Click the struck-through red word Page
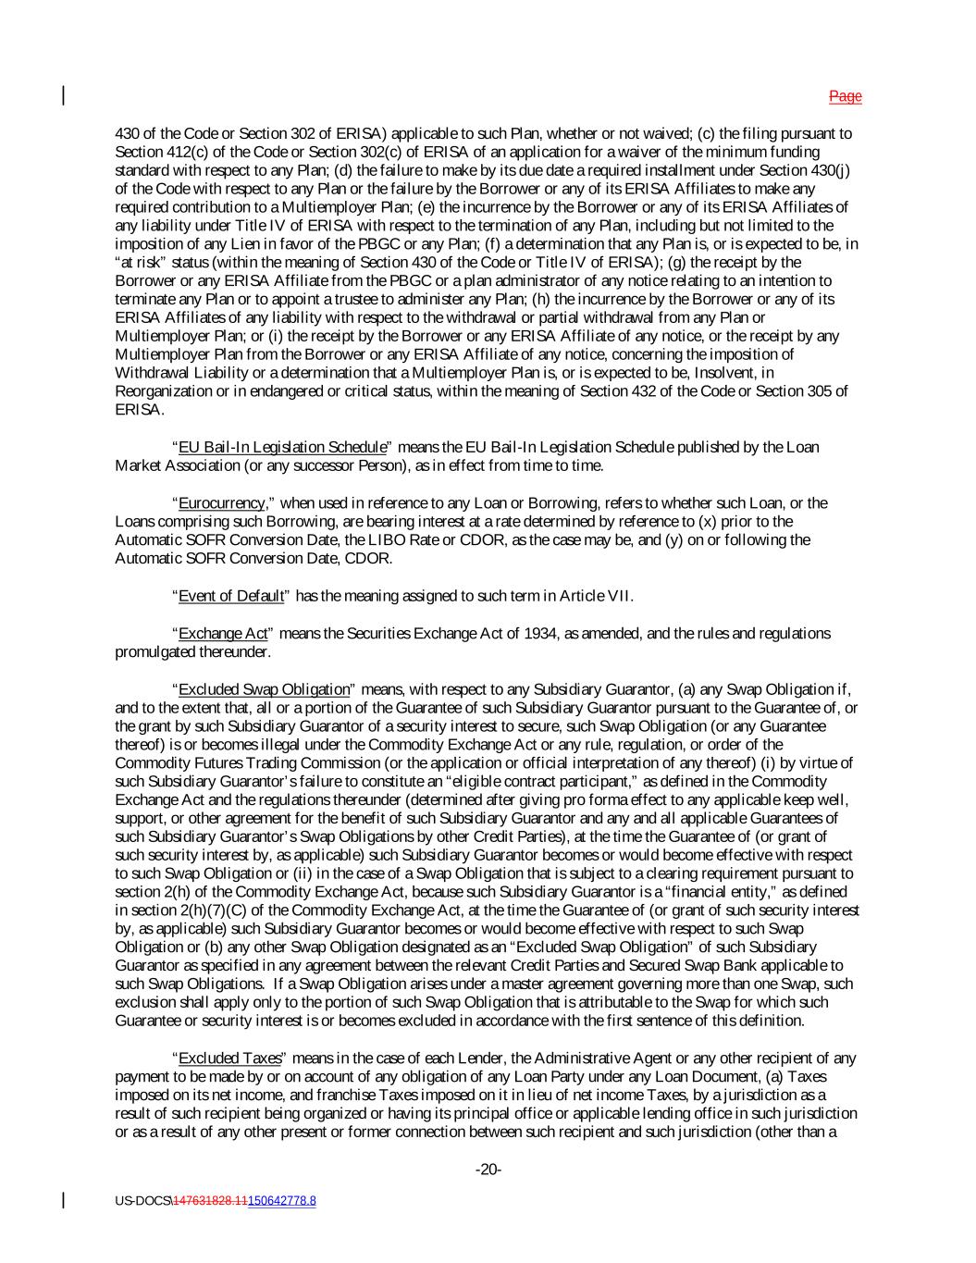tap(845, 96)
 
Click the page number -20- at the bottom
tap(488, 1170)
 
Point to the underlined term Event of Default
tap(230, 596)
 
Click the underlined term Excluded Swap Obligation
tap(264, 689)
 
